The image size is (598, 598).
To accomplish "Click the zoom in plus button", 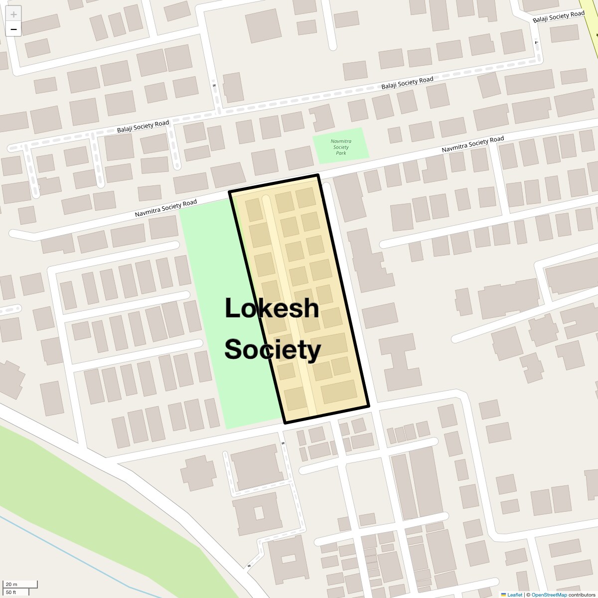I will (x=13, y=14).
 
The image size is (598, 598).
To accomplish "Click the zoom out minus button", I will (x=13, y=29).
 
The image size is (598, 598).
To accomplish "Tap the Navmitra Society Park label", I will (x=341, y=147).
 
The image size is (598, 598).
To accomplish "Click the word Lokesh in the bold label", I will (x=272, y=308).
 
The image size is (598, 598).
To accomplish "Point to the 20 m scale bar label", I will (x=11, y=584).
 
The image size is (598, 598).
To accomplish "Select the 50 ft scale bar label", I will (x=11, y=592).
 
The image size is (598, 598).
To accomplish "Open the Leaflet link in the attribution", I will (x=515, y=595).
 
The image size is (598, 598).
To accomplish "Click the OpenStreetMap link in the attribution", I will (x=549, y=595).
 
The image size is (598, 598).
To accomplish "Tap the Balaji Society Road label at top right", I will (x=558, y=16).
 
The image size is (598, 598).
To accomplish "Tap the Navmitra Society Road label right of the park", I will (x=472, y=144).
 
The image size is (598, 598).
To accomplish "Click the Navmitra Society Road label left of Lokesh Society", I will (x=165, y=208).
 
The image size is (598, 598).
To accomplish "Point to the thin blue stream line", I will (x=75, y=554).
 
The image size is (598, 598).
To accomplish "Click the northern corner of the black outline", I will (x=317, y=175).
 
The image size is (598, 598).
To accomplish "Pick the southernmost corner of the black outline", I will (x=285, y=423).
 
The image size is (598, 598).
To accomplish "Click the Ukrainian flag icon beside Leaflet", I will (x=503, y=595).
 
